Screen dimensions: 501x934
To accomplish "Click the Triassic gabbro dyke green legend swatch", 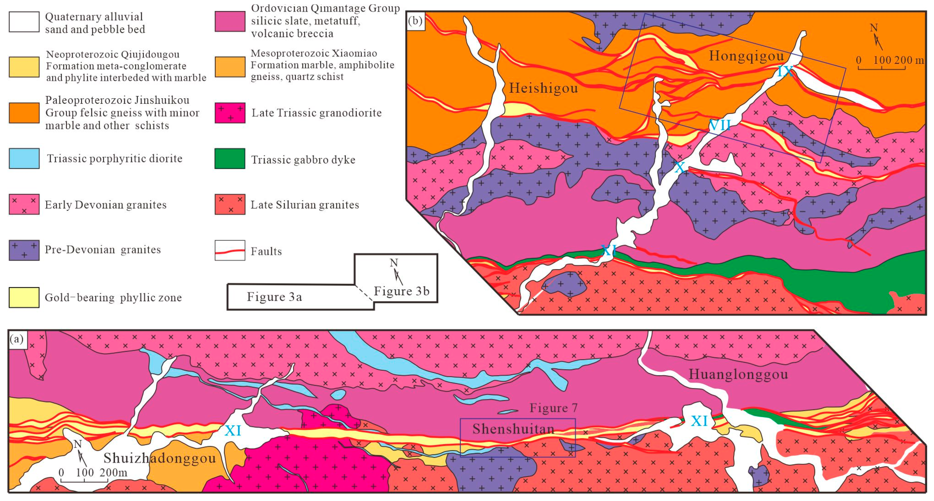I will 230,159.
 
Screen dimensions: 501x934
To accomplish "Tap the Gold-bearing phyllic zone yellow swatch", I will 24,298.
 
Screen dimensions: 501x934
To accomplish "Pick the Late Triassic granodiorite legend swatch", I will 230,113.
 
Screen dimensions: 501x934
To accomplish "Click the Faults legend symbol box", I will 230,250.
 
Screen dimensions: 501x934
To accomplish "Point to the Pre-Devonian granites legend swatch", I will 24,250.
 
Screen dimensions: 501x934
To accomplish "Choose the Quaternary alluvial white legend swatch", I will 24,22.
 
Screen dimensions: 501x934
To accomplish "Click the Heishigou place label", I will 543,88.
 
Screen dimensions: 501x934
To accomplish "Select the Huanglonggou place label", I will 738,374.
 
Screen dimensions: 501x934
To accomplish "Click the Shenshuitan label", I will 513,429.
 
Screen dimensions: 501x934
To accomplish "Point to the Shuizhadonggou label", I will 160,458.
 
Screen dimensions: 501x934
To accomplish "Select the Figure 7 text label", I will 553,408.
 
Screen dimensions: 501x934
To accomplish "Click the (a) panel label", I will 17,339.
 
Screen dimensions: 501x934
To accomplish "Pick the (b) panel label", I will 415,21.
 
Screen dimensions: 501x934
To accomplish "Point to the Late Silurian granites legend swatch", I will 230,204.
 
